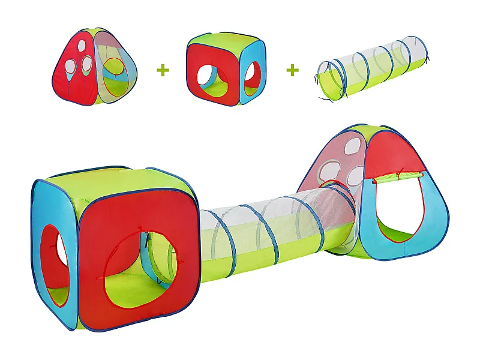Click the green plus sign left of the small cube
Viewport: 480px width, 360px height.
pos(163,70)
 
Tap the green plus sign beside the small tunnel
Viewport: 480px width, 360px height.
pos(292,70)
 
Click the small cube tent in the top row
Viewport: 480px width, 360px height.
pos(226,68)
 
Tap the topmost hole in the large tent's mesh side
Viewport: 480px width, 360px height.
pos(352,146)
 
